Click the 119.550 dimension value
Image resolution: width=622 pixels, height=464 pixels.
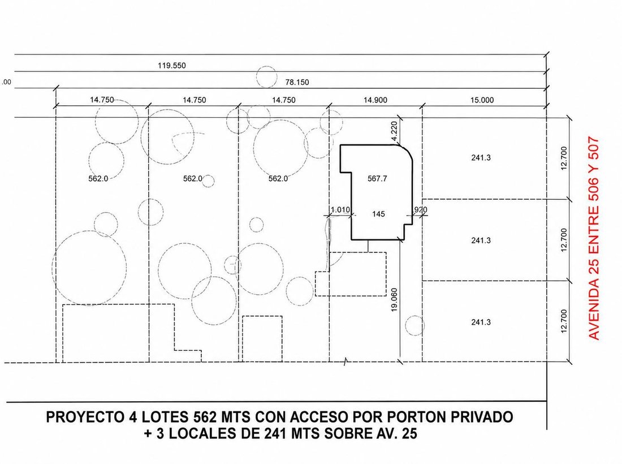tap(172, 66)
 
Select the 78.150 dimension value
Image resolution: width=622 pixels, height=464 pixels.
tap(297, 82)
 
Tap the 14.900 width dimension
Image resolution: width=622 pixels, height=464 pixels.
tap(375, 100)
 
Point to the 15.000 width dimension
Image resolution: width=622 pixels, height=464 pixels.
tap(482, 100)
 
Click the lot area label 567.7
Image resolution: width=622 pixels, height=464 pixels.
tap(377, 179)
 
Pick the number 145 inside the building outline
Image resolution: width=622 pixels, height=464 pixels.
tap(378, 214)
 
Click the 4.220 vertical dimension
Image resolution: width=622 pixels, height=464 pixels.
tap(394, 131)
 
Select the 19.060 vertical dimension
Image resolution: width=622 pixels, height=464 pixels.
tap(394, 300)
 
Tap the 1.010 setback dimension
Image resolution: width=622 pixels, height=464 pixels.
tap(340, 209)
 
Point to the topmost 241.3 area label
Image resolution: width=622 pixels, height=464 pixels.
tap(481, 157)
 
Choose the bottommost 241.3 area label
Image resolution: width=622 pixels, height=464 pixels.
tap(481, 322)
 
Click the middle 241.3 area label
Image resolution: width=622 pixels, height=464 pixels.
tap(481, 240)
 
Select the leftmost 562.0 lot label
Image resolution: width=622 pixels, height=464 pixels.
tap(98, 179)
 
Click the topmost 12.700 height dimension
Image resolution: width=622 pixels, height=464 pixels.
tap(564, 158)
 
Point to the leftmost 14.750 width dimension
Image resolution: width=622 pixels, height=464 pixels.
tap(102, 100)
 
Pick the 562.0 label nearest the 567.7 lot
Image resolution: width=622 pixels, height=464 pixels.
tap(278, 179)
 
